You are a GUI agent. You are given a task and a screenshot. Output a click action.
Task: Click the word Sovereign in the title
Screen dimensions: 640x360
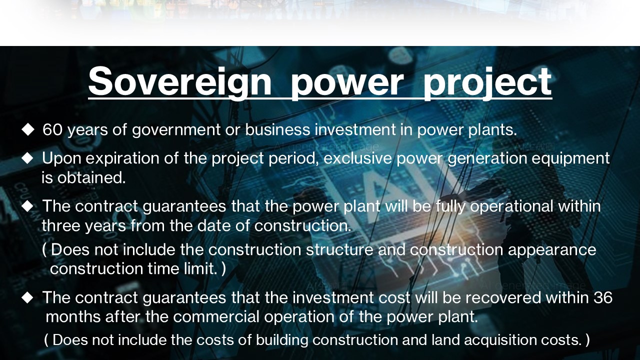point(180,81)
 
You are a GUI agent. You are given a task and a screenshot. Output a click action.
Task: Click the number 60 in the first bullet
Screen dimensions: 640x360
point(52,129)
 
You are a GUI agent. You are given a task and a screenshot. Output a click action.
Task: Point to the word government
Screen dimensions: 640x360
point(176,130)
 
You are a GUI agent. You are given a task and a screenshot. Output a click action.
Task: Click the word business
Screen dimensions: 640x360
point(277,129)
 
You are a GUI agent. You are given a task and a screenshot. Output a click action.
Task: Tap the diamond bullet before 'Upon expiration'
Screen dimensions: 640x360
point(27,158)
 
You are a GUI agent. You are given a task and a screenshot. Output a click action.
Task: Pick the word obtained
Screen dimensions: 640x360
point(91,177)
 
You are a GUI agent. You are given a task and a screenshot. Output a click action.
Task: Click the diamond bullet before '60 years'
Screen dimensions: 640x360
point(27,129)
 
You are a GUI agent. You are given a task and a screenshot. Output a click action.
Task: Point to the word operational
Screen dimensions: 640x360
point(511,207)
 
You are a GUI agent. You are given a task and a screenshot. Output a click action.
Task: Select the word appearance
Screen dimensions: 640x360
point(552,250)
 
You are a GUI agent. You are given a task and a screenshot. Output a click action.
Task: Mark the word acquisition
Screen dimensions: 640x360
point(500,340)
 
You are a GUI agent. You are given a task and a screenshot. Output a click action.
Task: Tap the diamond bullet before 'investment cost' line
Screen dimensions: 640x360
point(27,297)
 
